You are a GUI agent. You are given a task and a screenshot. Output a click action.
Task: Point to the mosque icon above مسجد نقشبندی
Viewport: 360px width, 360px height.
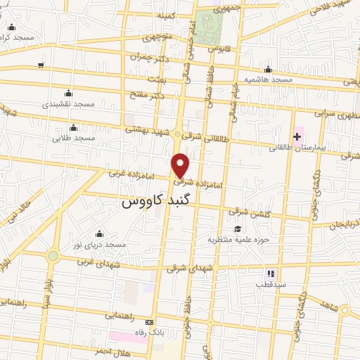[68, 94]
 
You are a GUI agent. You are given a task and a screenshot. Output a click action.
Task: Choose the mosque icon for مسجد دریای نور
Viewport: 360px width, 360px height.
[99, 233]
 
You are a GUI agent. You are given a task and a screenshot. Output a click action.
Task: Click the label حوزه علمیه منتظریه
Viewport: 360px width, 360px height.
[236, 240]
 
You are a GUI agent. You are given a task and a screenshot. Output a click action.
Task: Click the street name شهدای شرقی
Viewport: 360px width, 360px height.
[188, 268]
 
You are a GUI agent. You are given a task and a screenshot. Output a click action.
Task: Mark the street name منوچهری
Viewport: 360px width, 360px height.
[157, 37]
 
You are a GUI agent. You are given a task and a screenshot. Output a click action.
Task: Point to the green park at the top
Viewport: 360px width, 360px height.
[209, 27]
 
